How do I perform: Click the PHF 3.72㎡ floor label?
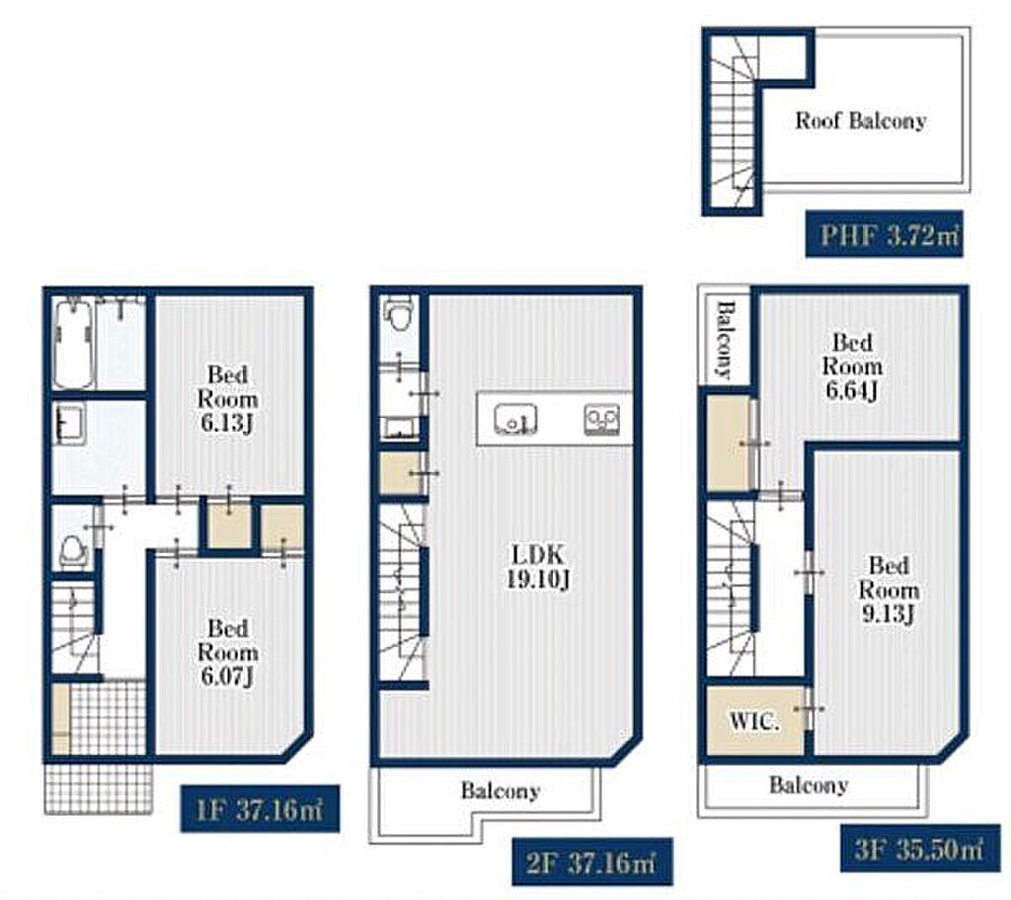coord(884,234)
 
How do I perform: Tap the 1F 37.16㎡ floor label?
coord(260,808)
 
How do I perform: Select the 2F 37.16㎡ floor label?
coord(592,861)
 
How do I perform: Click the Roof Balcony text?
coord(861,121)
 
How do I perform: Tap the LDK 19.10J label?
coord(538,567)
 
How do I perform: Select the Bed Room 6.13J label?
coord(228,399)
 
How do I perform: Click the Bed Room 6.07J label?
coord(228,652)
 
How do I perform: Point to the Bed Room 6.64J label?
coord(852,367)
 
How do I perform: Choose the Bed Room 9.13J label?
coord(889,590)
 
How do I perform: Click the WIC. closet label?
coord(753,720)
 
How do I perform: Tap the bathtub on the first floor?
coord(72,343)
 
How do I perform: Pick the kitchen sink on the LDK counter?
coord(515,419)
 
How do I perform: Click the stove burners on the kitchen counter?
coord(601,419)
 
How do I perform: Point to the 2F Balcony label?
coord(501,791)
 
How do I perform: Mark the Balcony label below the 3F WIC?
coord(809,785)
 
